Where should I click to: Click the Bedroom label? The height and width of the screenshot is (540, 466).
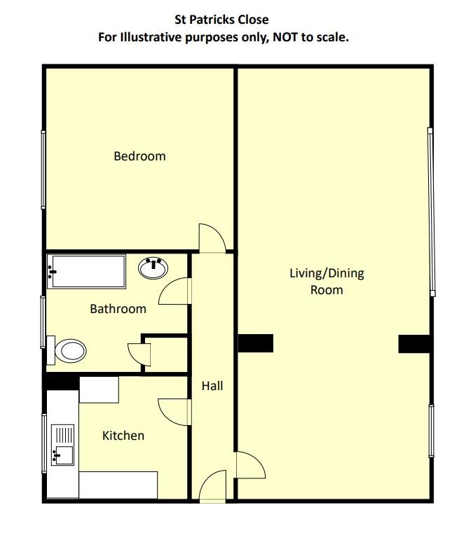(139, 156)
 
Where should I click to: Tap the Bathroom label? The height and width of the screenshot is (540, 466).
(118, 309)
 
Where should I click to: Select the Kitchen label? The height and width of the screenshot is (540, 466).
(123, 436)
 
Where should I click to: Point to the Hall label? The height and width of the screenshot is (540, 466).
(212, 385)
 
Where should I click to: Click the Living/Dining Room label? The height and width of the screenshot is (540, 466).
(327, 281)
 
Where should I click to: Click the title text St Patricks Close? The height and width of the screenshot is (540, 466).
(221, 20)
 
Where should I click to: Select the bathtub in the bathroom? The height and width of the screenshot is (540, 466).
(86, 271)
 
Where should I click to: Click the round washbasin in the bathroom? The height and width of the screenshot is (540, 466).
(153, 268)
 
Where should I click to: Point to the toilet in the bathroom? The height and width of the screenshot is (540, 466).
(67, 349)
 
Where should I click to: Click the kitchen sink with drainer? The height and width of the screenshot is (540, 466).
(63, 445)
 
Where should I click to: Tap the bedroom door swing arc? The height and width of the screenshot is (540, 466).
(212, 238)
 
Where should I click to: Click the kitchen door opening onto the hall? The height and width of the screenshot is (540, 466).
(174, 410)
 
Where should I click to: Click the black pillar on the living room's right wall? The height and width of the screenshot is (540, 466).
(413, 343)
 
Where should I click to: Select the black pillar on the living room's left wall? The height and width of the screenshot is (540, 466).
(255, 343)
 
